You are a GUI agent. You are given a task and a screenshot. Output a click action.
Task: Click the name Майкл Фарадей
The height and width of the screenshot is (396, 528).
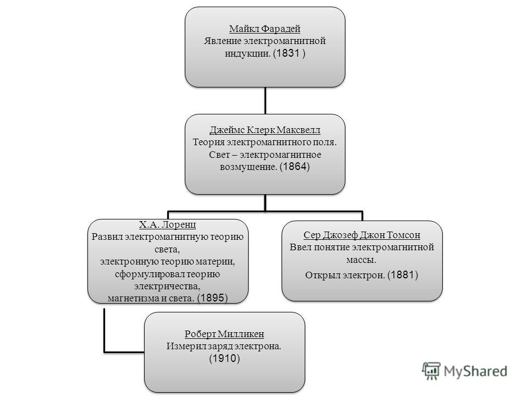(265, 29)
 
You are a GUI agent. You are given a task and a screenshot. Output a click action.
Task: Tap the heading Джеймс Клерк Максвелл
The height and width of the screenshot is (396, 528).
(265, 130)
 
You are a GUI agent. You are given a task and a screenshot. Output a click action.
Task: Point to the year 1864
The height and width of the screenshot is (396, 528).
(295, 166)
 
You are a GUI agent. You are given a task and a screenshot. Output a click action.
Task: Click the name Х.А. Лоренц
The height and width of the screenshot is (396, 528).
(167, 224)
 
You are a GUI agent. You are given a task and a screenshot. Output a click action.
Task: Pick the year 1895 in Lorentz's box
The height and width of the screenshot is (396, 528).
(212, 298)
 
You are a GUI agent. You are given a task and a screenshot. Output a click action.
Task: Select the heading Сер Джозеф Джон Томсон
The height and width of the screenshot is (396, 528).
(362, 235)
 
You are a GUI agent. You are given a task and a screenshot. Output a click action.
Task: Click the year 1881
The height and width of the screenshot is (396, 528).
(403, 275)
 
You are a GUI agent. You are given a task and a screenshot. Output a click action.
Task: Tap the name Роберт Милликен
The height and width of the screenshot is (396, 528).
(224, 334)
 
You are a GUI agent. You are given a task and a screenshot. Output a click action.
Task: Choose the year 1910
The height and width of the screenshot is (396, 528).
(224, 358)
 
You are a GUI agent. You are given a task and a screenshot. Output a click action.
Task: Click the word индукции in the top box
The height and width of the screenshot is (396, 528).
(248, 53)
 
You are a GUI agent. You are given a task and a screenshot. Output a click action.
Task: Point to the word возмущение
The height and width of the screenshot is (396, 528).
(248, 167)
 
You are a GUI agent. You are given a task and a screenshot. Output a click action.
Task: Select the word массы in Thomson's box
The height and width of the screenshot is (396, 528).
(361, 260)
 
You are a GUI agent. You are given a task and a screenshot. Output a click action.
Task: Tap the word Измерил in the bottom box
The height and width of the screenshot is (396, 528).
(181, 346)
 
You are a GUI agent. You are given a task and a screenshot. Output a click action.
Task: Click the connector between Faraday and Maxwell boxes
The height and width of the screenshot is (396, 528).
(265, 101)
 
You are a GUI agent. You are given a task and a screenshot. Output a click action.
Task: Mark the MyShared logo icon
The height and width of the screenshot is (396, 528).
(431, 371)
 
